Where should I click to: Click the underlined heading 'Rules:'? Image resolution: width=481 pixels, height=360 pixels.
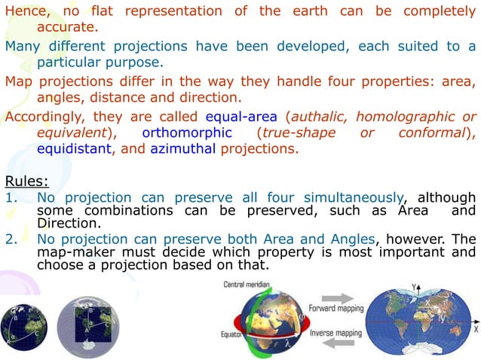click(26, 181)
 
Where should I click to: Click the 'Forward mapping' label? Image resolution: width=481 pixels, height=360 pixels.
click(337, 308)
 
